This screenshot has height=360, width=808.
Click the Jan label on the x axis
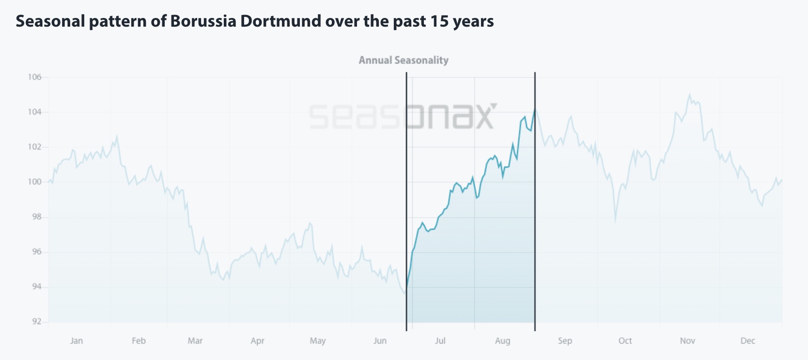click(77, 341)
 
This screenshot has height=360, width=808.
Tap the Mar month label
click(195, 341)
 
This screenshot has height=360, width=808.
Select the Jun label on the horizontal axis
click(380, 341)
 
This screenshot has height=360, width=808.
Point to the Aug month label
click(502, 341)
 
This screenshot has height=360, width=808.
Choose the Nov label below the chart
click(687, 341)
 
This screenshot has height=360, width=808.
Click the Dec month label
click(747, 341)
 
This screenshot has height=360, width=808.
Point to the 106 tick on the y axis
click(34, 77)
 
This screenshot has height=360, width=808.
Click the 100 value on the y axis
click(34, 182)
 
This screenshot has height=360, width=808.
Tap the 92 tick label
click(37, 322)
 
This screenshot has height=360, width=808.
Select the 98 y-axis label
click(37, 217)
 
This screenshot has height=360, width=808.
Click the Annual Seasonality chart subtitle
click(404, 60)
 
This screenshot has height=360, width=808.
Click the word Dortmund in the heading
click(280, 21)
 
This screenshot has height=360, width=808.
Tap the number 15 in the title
click(439, 21)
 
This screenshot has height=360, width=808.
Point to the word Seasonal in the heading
click(50, 21)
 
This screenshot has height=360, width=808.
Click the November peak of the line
click(689, 95)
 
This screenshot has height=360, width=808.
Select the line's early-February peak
click(117, 137)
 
